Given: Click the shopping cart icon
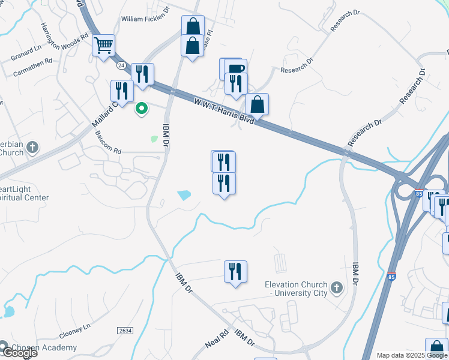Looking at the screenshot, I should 103,45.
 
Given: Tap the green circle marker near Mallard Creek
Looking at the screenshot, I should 142,109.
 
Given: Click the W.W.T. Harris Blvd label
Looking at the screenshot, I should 223,112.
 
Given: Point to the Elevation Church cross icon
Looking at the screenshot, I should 336,289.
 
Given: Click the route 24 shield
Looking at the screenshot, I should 121,65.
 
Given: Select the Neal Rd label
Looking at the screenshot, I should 217,338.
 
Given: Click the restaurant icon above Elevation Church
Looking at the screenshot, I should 235,271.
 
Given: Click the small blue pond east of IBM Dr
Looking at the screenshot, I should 184,195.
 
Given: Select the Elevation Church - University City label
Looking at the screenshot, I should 297,289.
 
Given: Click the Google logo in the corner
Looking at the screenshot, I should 19,353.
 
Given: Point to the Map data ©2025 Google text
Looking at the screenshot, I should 412,355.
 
